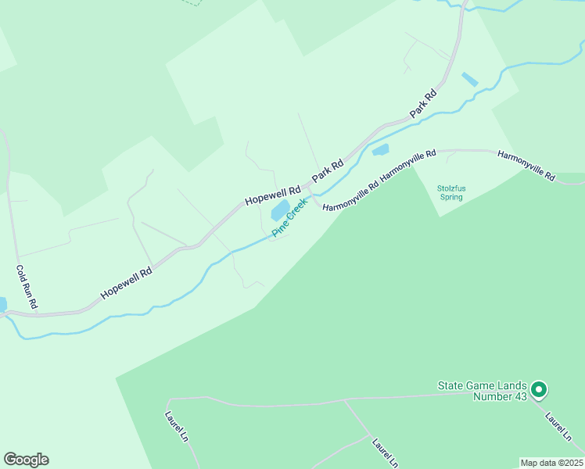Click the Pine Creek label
[x=290, y=217]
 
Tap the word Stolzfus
[x=451, y=188]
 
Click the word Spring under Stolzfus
[x=451, y=197]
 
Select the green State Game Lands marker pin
[x=538, y=388]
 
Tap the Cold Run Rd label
[x=27, y=287]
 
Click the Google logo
[x=26, y=460]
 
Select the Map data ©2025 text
[x=552, y=463]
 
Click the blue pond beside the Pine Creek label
[x=279, y=211]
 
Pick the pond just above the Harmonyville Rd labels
[x=380, y=149]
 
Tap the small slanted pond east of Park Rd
[x=469, y=79]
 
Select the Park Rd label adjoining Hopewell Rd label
[x=328, y=172]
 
